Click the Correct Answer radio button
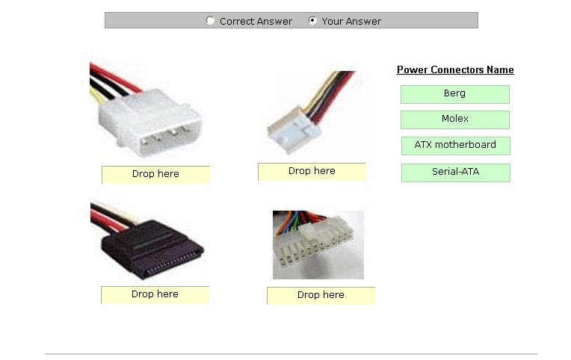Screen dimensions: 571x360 tap(210, 21)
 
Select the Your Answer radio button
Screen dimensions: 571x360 tap(312, 20)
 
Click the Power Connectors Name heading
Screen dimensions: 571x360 tap(455, 70)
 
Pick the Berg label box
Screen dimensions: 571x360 tap(455, 94)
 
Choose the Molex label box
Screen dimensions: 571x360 tap(455, 120)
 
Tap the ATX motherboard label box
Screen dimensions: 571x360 tap(456, 146)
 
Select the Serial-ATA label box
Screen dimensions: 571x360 tap(456, 173)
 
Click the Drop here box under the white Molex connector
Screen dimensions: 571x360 tap(156, 175)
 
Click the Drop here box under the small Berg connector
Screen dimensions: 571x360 tap(312, 172)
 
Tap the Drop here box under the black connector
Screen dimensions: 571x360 tap(155, 295)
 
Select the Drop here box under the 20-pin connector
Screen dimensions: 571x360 tap(321, 296)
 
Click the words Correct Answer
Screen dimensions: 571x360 tap(256, 22)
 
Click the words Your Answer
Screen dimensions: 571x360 tap(351, 22)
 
